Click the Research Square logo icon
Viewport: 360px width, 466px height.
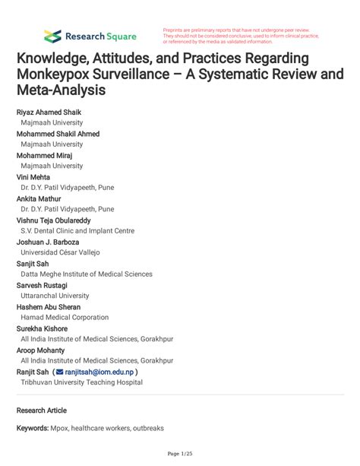pos(52,36)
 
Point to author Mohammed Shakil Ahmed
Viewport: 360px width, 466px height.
pos(58,134)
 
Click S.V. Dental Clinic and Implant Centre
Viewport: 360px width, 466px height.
pos(77,231)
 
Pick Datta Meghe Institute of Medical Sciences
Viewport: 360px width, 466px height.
pos(87,274)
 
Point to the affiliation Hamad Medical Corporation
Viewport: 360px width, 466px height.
pos(65,317)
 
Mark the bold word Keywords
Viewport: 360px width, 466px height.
pos(33,429)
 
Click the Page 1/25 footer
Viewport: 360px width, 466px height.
pos(180,454)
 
